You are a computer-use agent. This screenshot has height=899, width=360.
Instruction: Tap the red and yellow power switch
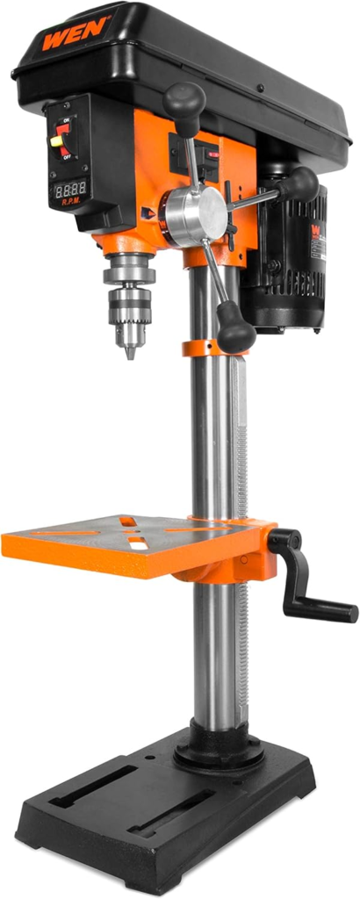(x=61, y=137)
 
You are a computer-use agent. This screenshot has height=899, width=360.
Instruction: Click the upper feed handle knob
(x=185, y=98)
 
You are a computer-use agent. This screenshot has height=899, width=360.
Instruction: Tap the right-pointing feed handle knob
(x=301, y=183)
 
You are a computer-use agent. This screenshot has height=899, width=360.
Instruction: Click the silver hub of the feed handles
(x=197, y=214)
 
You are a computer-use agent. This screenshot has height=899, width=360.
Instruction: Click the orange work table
(x=132, y=544)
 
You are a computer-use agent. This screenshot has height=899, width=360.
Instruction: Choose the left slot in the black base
(x=95, y=787)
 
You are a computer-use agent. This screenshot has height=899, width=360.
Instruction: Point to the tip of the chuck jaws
(x=131, y=354)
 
